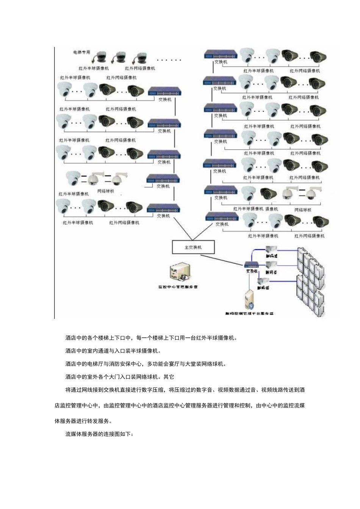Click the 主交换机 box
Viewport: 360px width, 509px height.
[193, 247]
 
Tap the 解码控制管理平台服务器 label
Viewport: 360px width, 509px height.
[249, 314]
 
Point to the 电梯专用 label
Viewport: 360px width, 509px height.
[81, 52]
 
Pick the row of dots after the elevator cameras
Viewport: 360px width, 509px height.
[169, 60]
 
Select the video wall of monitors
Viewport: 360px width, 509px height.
[311, 280]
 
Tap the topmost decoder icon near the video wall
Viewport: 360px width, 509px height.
[272, 250]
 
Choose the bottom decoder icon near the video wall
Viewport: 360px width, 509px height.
[263, 281]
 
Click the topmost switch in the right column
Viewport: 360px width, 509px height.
[221, 55]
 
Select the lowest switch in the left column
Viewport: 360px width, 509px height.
[163, 208]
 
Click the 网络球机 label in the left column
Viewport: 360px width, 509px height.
[105, 191]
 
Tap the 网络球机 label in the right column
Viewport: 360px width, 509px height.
[303, 209]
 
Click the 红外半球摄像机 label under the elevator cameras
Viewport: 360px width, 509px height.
[94, 69]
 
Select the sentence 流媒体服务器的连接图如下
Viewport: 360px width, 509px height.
[99, 434]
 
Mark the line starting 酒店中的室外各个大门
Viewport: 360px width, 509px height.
[120, 377]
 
